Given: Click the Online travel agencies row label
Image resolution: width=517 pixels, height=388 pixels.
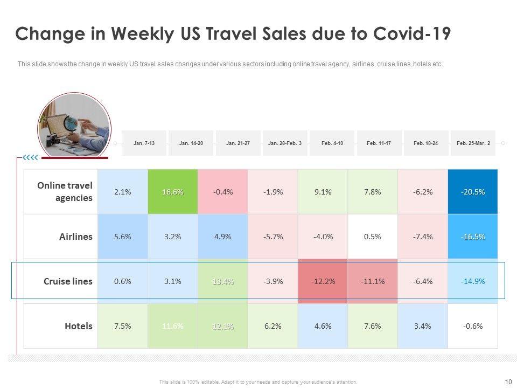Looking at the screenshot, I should [x=65, y=191].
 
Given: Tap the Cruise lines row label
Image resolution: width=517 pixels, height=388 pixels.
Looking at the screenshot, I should [x=68, y=281].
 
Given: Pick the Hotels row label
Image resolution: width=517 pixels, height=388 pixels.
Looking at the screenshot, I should [x=79, y=326].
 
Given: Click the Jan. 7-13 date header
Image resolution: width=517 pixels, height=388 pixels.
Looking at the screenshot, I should [x=144, y=143].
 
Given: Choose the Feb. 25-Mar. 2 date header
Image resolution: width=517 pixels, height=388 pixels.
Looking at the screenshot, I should [x=473, y=143].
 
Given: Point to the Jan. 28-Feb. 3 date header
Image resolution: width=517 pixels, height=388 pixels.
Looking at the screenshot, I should [x=285, y=143].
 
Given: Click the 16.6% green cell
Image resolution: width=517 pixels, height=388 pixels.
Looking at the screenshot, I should [x=172, y=192].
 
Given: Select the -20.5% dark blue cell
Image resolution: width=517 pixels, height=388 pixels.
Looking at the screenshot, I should [x=473, y=192].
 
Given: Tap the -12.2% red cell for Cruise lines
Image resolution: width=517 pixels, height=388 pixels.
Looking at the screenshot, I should [x=323, y=281].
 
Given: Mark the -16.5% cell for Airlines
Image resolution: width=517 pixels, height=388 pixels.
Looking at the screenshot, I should [x=473, y=237].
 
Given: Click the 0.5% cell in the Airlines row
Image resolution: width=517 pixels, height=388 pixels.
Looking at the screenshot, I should [x=373, y=237].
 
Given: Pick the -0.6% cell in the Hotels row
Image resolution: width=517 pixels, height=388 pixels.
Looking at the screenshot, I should [x=473, y=326].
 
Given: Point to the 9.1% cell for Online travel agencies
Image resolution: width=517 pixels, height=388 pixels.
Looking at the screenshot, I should [x=323, y=192].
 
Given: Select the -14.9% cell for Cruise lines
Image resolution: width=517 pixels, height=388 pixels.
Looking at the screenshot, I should [x=473, y=281].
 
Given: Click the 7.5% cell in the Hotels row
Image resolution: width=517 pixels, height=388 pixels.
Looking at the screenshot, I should [x=122, y=326].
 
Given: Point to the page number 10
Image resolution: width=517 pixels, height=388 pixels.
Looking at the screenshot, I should [x=508, y=382].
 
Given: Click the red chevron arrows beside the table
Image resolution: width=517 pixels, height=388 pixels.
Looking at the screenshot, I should [x=30, y=158].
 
